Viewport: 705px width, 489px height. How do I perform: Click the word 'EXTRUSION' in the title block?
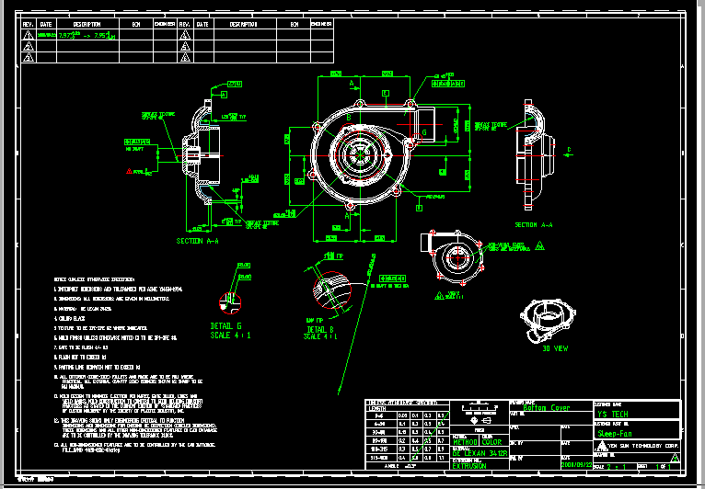point(469,465)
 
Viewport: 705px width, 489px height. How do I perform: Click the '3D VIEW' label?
point(558,349)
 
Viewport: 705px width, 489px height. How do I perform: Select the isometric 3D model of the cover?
point(549,321)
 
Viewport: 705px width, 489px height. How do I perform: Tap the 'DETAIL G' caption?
point(226,325)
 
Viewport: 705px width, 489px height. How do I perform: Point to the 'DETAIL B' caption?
point(322,328)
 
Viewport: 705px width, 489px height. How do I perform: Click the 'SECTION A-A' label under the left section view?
point(197,242)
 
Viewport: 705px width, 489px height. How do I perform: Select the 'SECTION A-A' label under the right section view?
point(534,224)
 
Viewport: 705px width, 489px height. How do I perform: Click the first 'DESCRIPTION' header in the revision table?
point(87,24)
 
